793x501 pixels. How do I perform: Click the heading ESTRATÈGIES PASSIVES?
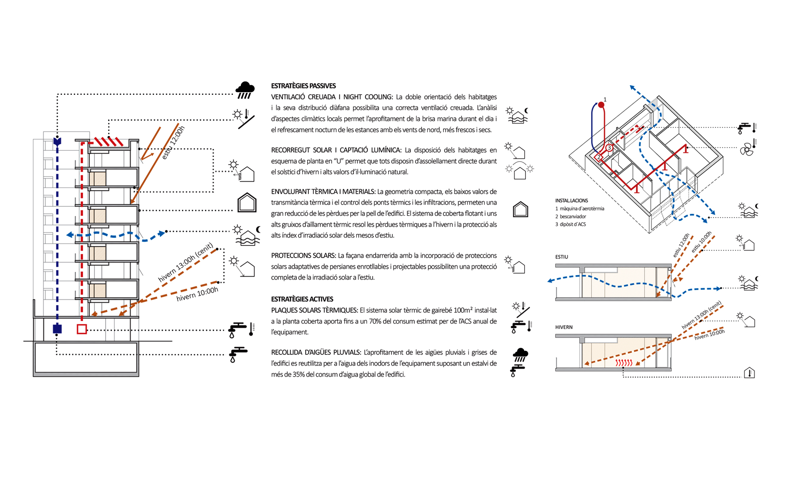click(303, 86)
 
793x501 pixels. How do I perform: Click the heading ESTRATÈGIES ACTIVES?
click(302, 299)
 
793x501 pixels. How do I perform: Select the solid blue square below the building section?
click(57, 329)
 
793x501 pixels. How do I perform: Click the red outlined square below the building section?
click(82, 329)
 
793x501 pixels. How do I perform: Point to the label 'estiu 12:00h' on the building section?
click(173, 143)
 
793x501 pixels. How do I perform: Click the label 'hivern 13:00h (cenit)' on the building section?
click(186, 262)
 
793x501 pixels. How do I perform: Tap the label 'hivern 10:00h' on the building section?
click(197, 294)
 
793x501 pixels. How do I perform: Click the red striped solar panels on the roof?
click(108, 142)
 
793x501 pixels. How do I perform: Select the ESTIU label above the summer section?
click(561, 257)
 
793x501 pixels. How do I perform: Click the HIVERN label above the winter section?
click(563, 327)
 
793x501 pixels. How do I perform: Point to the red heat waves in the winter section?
click(624, 363)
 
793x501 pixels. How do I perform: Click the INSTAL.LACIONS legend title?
click(571, 201)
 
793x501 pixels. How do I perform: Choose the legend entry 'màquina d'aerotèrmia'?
click(581, 209)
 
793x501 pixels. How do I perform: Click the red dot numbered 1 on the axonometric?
click(601, 105)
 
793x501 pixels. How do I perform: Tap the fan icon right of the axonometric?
click(746, 149)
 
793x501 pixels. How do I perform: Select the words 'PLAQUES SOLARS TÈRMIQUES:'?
click(314, 310)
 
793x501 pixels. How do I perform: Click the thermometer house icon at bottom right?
click(749, 373)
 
